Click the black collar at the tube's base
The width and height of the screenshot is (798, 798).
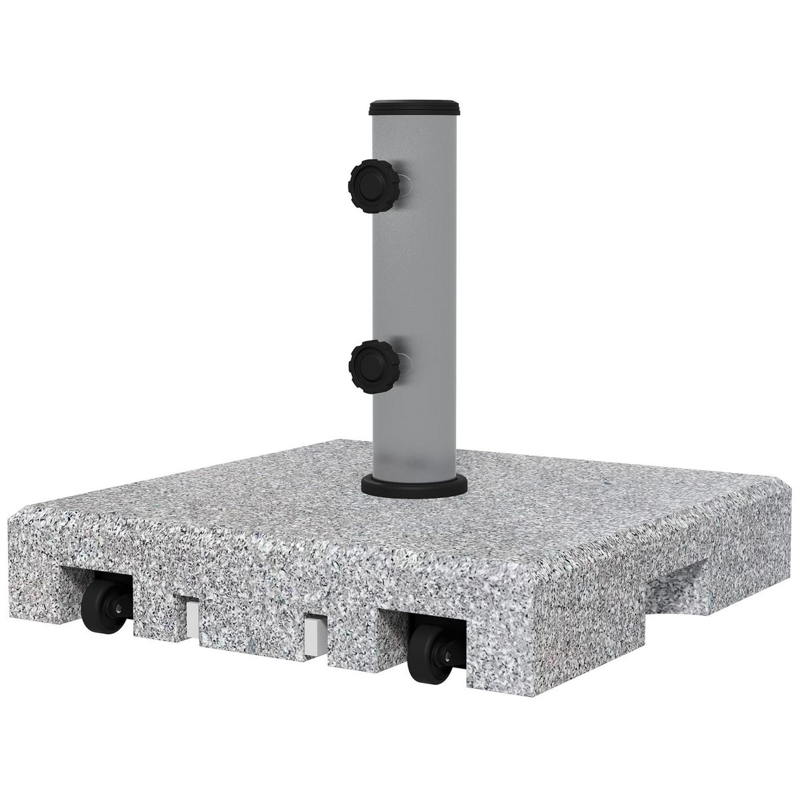tap(414, 485)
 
